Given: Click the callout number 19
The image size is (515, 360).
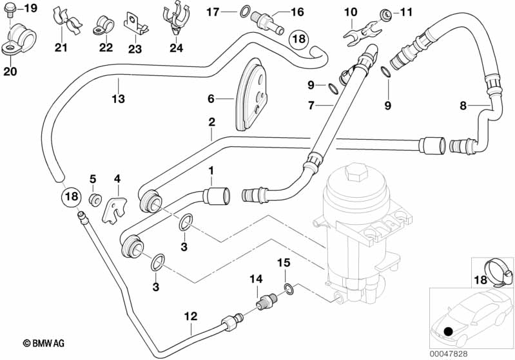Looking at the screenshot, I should click(30, 8).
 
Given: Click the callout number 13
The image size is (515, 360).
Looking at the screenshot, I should click(118, 99).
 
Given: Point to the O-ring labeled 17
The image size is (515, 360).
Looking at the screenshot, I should click(245, 11).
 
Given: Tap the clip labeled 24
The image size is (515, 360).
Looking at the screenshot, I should click(176, 19).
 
